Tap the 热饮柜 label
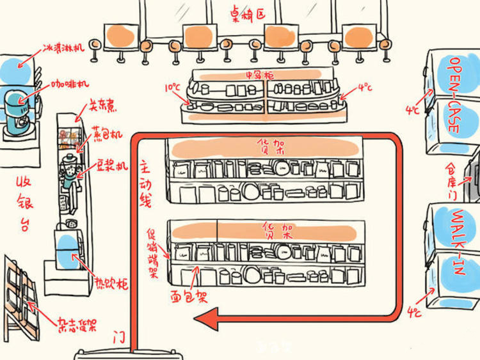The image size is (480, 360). tap(112, 283)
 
